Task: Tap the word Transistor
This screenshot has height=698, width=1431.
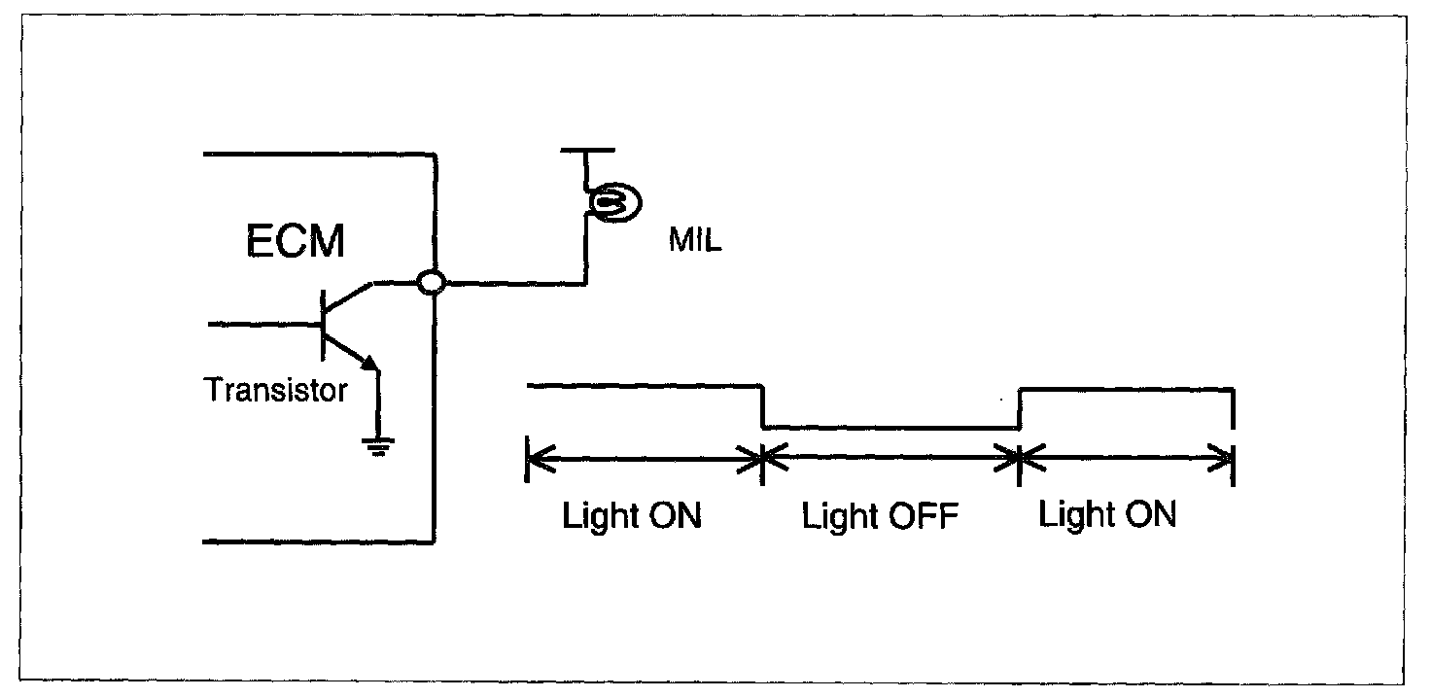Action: click(x=275, y=391)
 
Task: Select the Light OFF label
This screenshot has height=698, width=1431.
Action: click(x=880, y=517)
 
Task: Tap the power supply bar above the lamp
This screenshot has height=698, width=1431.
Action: click(x=588, y=151)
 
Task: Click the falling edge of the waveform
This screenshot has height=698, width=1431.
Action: click(x=762, y=407)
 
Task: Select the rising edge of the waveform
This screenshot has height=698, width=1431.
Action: click(x=1019, y=408)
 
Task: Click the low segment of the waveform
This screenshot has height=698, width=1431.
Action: click(x=890, y=428)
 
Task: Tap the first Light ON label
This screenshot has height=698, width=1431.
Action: click(x=631, y=516)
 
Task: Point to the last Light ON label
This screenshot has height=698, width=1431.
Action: click(x=1107, y=514)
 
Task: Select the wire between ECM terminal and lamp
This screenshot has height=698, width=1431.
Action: click(x=510, y=284)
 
